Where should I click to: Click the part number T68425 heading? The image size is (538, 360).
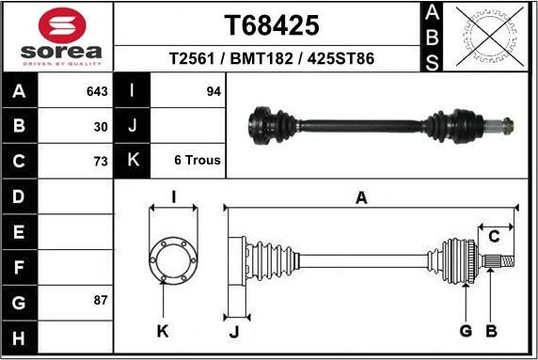[271, 24]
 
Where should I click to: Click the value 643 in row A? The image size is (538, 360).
[96, 91]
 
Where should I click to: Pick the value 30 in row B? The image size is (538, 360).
[101, 126]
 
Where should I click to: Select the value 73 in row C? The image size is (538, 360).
[101, 161]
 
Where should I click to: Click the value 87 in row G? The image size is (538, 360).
[101, 301]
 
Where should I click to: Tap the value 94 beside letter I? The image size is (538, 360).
[213, 91]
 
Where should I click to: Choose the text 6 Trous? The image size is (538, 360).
[198, 161]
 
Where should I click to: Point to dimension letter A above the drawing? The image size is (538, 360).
[360, 197]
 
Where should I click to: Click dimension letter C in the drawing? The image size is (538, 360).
[494, 236]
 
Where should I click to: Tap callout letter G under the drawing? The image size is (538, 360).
[465, 331]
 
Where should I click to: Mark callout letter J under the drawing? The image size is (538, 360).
[234, 331]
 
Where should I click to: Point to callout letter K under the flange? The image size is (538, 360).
[162, 331]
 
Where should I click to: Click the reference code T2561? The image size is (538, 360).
[190, 58]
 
